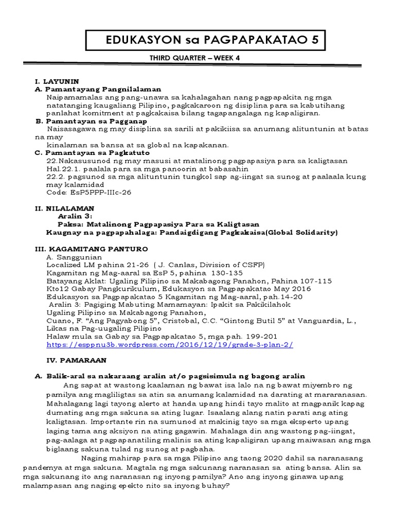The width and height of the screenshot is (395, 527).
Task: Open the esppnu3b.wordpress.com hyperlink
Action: tap(170, 345)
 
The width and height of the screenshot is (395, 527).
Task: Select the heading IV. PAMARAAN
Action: tap(64, 361)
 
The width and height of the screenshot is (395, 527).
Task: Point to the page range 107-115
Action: tap(314, 281)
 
